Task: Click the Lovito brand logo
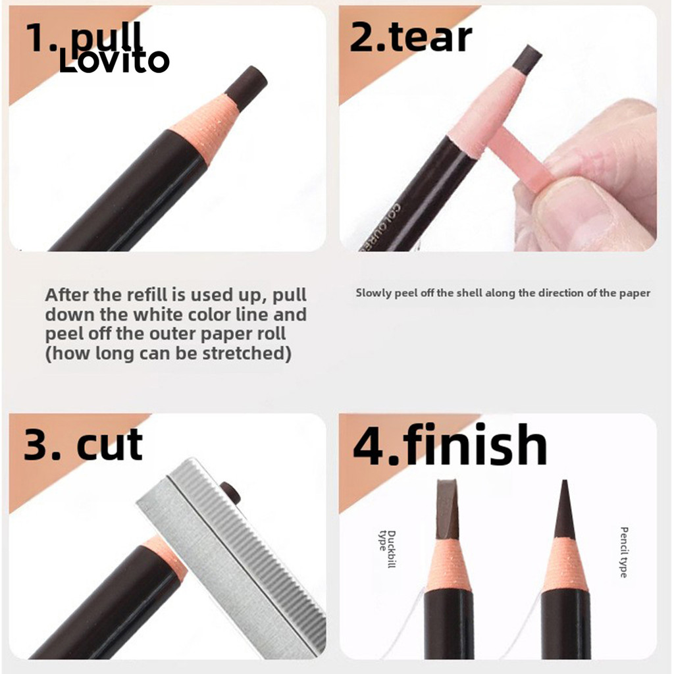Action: pos(114,61)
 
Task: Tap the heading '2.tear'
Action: pos(411,38)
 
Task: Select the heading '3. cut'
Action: pos(83,444)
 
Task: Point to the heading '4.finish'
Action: pos(450,444)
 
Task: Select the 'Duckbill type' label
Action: pos(386,550)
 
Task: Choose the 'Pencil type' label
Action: pos(624,552)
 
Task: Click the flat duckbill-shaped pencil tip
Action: pos(447,509)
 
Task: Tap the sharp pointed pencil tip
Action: pos(565,509)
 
